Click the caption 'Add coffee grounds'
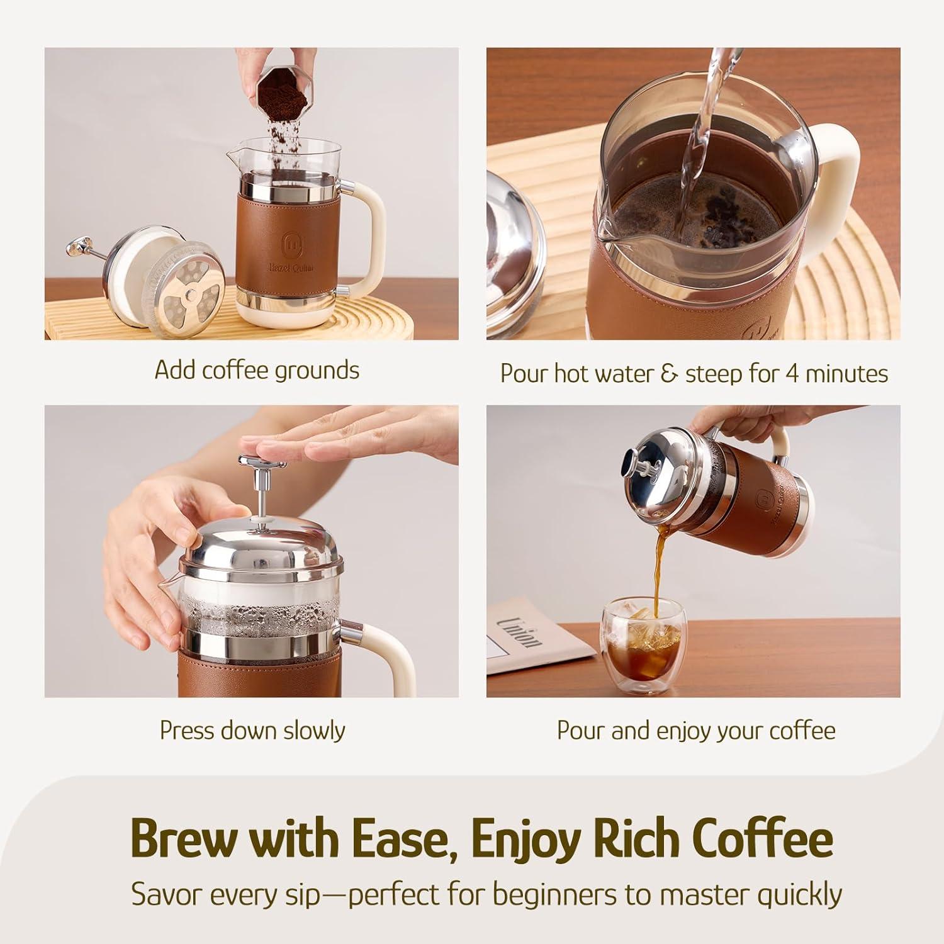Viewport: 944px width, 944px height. pyautogui.click(x=257, y=370)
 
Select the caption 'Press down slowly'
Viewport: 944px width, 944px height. pyautogui.click(x=252, y=730)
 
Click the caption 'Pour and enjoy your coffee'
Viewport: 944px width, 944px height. pyautogui.click(x=696, y=731)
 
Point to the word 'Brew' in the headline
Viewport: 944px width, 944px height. pyautogui.click(x=186, y=838)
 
